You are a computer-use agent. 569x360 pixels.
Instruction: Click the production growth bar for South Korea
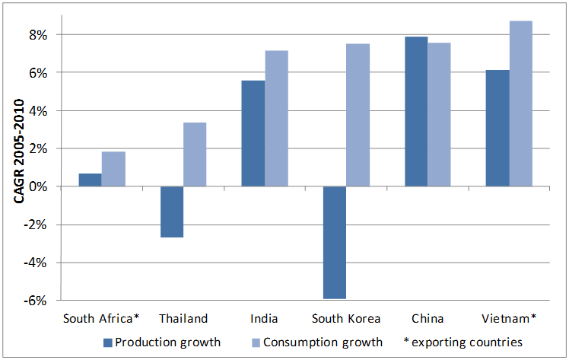click(x=335, y=243)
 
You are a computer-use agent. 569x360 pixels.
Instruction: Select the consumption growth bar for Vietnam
click(x=521, y=104)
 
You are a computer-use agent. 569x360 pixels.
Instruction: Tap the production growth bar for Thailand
click(x=172, y=212)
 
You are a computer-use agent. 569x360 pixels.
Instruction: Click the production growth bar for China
click(x=416, y=111)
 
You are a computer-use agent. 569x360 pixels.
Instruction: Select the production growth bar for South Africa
click(x=90, y=180)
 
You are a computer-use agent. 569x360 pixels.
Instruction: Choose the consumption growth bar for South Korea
click(x=358, y=115)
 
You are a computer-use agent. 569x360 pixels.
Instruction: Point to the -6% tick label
click(x=38, y=301)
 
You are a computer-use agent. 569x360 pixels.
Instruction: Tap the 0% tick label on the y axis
click(x=40, y=186)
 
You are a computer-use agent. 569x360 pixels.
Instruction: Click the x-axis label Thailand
click(x=183, y=318)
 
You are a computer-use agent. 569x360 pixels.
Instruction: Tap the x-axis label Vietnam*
click(x=510, y=318)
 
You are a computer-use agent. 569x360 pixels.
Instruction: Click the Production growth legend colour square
click(x=106, y=342)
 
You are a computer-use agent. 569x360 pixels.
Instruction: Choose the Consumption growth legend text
click(x=323, y=342)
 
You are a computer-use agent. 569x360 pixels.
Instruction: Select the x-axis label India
click(x=265, y=318)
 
